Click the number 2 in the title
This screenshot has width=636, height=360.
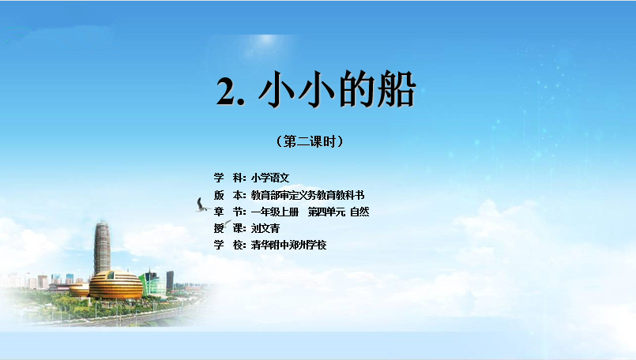227,92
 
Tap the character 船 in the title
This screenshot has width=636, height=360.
396,89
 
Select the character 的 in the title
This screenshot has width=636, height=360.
356,89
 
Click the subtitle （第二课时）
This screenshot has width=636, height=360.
310,141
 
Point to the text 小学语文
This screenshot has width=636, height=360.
270,178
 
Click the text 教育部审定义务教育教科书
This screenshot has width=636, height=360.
307,195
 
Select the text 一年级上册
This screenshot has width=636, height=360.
275,212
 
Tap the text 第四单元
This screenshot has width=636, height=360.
326,212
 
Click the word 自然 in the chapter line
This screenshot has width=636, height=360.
359,212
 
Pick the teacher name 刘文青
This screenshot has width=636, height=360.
265,228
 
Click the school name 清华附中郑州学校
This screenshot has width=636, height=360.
289,245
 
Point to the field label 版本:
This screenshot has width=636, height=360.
230,195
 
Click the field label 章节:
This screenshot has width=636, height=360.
230,212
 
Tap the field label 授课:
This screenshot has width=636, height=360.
230,228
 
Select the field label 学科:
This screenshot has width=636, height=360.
230,178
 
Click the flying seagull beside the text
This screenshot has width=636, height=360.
201,205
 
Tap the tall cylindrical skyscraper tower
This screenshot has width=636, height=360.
102,247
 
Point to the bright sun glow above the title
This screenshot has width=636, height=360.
266,39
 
